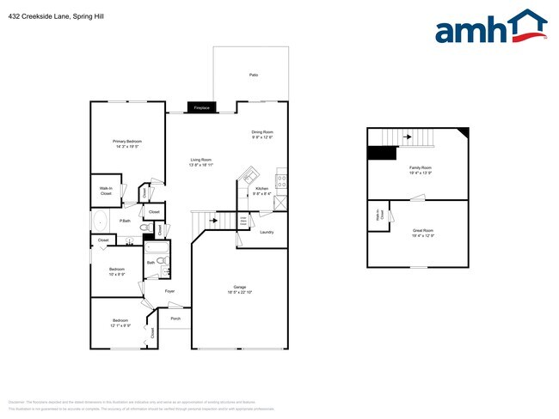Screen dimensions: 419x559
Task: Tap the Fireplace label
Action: [202, 108]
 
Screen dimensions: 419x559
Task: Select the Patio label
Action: [254, 76]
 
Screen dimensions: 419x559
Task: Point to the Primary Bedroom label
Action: [126, 141]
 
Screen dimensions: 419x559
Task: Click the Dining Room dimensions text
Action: [262, 137]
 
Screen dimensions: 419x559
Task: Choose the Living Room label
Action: [200, 160]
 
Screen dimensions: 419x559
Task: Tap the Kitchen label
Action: [261, 188]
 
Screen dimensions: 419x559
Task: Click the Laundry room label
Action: [266, 232]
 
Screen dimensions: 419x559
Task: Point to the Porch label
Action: [175, 319]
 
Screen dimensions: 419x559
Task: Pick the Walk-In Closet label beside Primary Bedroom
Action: [106, 191]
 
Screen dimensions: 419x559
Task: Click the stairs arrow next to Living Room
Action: [211, 222]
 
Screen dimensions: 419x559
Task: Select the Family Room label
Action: [421, 167]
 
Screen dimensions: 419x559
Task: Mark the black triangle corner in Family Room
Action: [463, 132]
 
